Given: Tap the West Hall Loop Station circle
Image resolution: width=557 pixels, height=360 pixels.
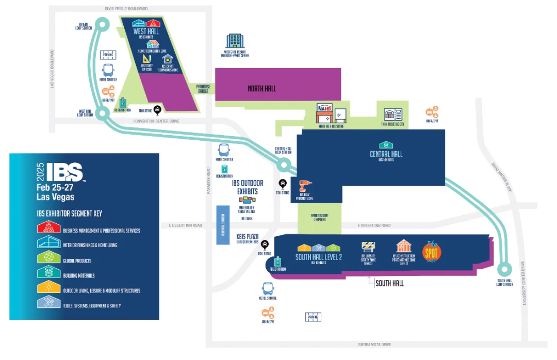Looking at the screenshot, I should pos(102,112).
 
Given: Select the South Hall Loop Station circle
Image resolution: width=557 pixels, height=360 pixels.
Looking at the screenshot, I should pos(504,269).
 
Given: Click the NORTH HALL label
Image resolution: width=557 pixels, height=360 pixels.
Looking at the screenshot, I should pos(261,88).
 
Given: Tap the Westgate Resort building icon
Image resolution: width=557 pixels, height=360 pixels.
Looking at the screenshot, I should pos(235,41).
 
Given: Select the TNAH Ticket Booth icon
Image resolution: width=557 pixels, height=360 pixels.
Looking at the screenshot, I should pos(393,114).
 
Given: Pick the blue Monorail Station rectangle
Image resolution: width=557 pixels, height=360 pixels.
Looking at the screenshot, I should pos(221,225).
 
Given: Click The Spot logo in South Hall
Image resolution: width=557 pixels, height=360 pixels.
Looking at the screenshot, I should pos(432,251).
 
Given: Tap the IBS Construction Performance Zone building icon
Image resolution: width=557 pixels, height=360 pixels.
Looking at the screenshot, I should pos(403,246).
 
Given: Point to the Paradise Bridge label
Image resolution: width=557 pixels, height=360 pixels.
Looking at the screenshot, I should pos(204,89).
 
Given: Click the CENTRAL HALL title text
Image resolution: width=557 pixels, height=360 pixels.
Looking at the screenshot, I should pos(386,154).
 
